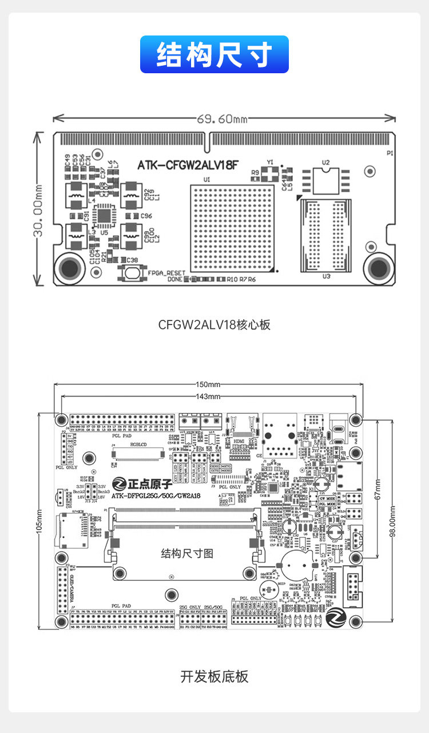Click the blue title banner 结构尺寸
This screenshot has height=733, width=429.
coord(214,54)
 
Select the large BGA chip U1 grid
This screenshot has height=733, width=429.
coord(233,228)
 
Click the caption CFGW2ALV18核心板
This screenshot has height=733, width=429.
coord(214,324)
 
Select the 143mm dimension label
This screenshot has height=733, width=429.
coord(208,397)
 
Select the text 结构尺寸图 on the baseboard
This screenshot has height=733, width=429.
coord(187,553)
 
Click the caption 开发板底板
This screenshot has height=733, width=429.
coord(214,676)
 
